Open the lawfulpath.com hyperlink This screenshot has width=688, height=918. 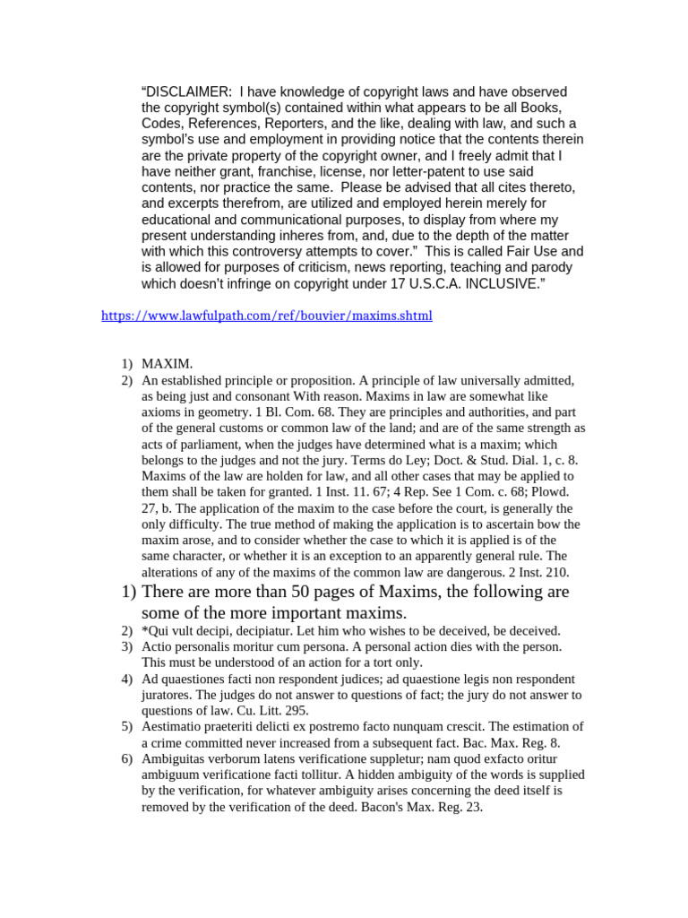(267, 316)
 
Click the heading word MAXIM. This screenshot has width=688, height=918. (168, 364)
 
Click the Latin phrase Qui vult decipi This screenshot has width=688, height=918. (193, 630)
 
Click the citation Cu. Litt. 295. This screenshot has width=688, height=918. (266, 710)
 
